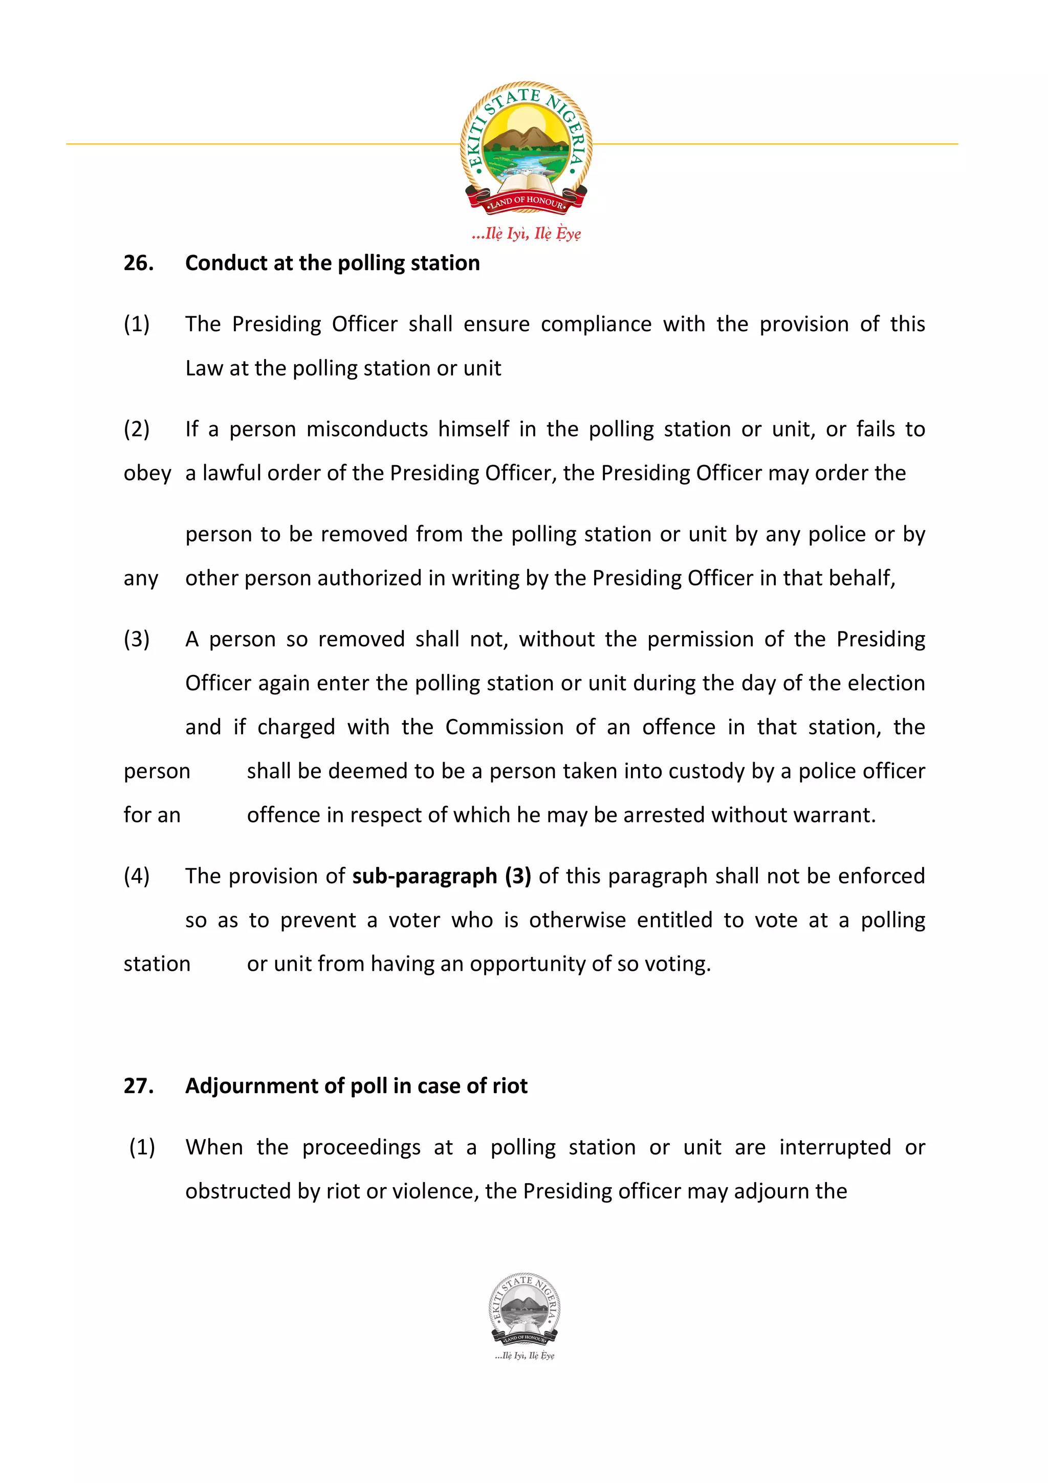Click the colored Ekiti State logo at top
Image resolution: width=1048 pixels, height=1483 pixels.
526,148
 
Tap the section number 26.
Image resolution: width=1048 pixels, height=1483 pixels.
138,263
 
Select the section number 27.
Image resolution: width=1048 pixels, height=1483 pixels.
138,1086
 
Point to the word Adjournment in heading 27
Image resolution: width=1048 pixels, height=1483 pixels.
252,1086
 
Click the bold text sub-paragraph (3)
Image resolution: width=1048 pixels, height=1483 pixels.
442,876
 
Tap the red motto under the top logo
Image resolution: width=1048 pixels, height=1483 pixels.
526,233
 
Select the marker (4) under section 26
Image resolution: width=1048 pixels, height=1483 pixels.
136,876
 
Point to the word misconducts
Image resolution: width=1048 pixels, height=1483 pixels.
367,429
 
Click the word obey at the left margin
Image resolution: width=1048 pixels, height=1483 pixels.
147,473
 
